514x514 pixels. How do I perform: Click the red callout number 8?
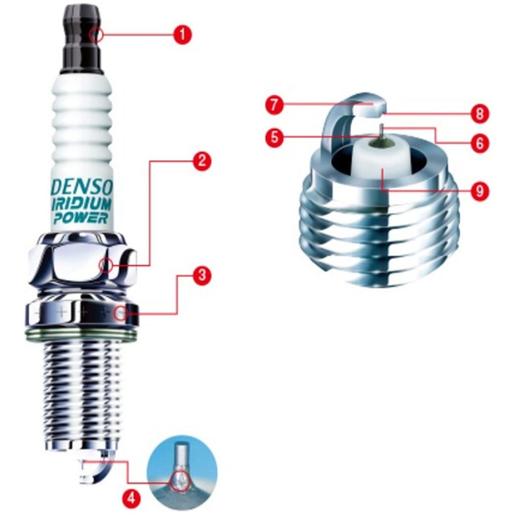(x=479, y=114)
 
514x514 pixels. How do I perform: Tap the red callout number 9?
(x=479, y=189)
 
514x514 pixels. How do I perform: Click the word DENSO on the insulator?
(x=83, y=187)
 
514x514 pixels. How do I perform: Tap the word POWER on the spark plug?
(x=81, y=218)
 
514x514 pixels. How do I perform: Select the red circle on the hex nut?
(x=105, y=266)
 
